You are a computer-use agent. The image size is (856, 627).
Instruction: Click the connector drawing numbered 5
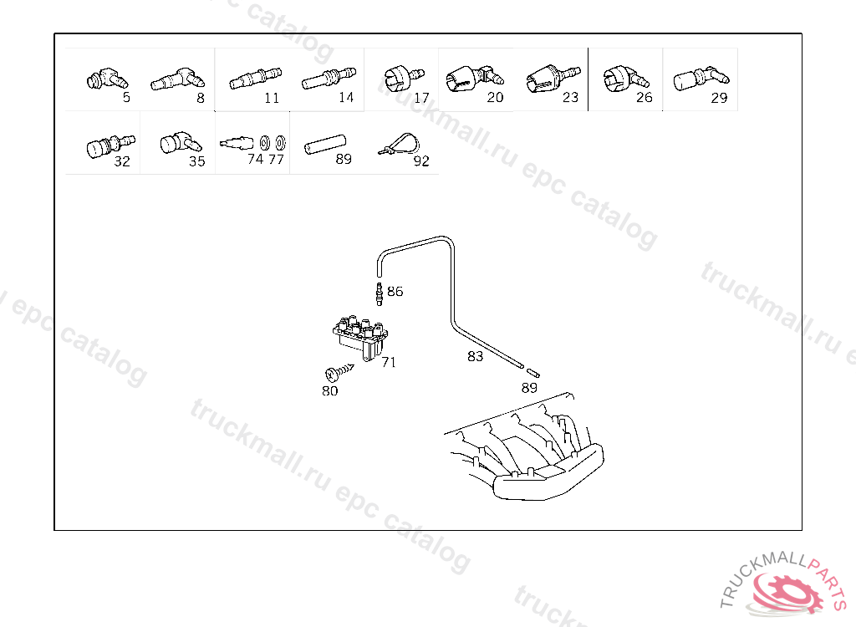[x=104, y=79]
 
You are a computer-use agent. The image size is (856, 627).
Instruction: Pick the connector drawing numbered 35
[x=177, y=143]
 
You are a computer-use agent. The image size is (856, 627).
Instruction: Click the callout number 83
[x=475, y=356]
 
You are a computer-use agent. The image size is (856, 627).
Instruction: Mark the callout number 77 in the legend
[x=276, y=160]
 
